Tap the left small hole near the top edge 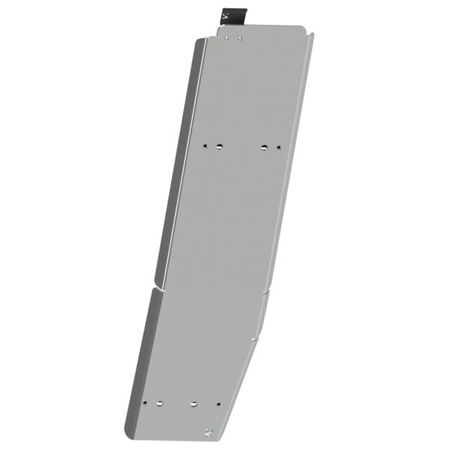[230, 37]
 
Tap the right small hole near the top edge [239, 37]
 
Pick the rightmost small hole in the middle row [278, 147]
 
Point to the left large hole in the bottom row [159, 404]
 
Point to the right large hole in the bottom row [194, 404]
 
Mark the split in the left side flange [155, 284]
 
